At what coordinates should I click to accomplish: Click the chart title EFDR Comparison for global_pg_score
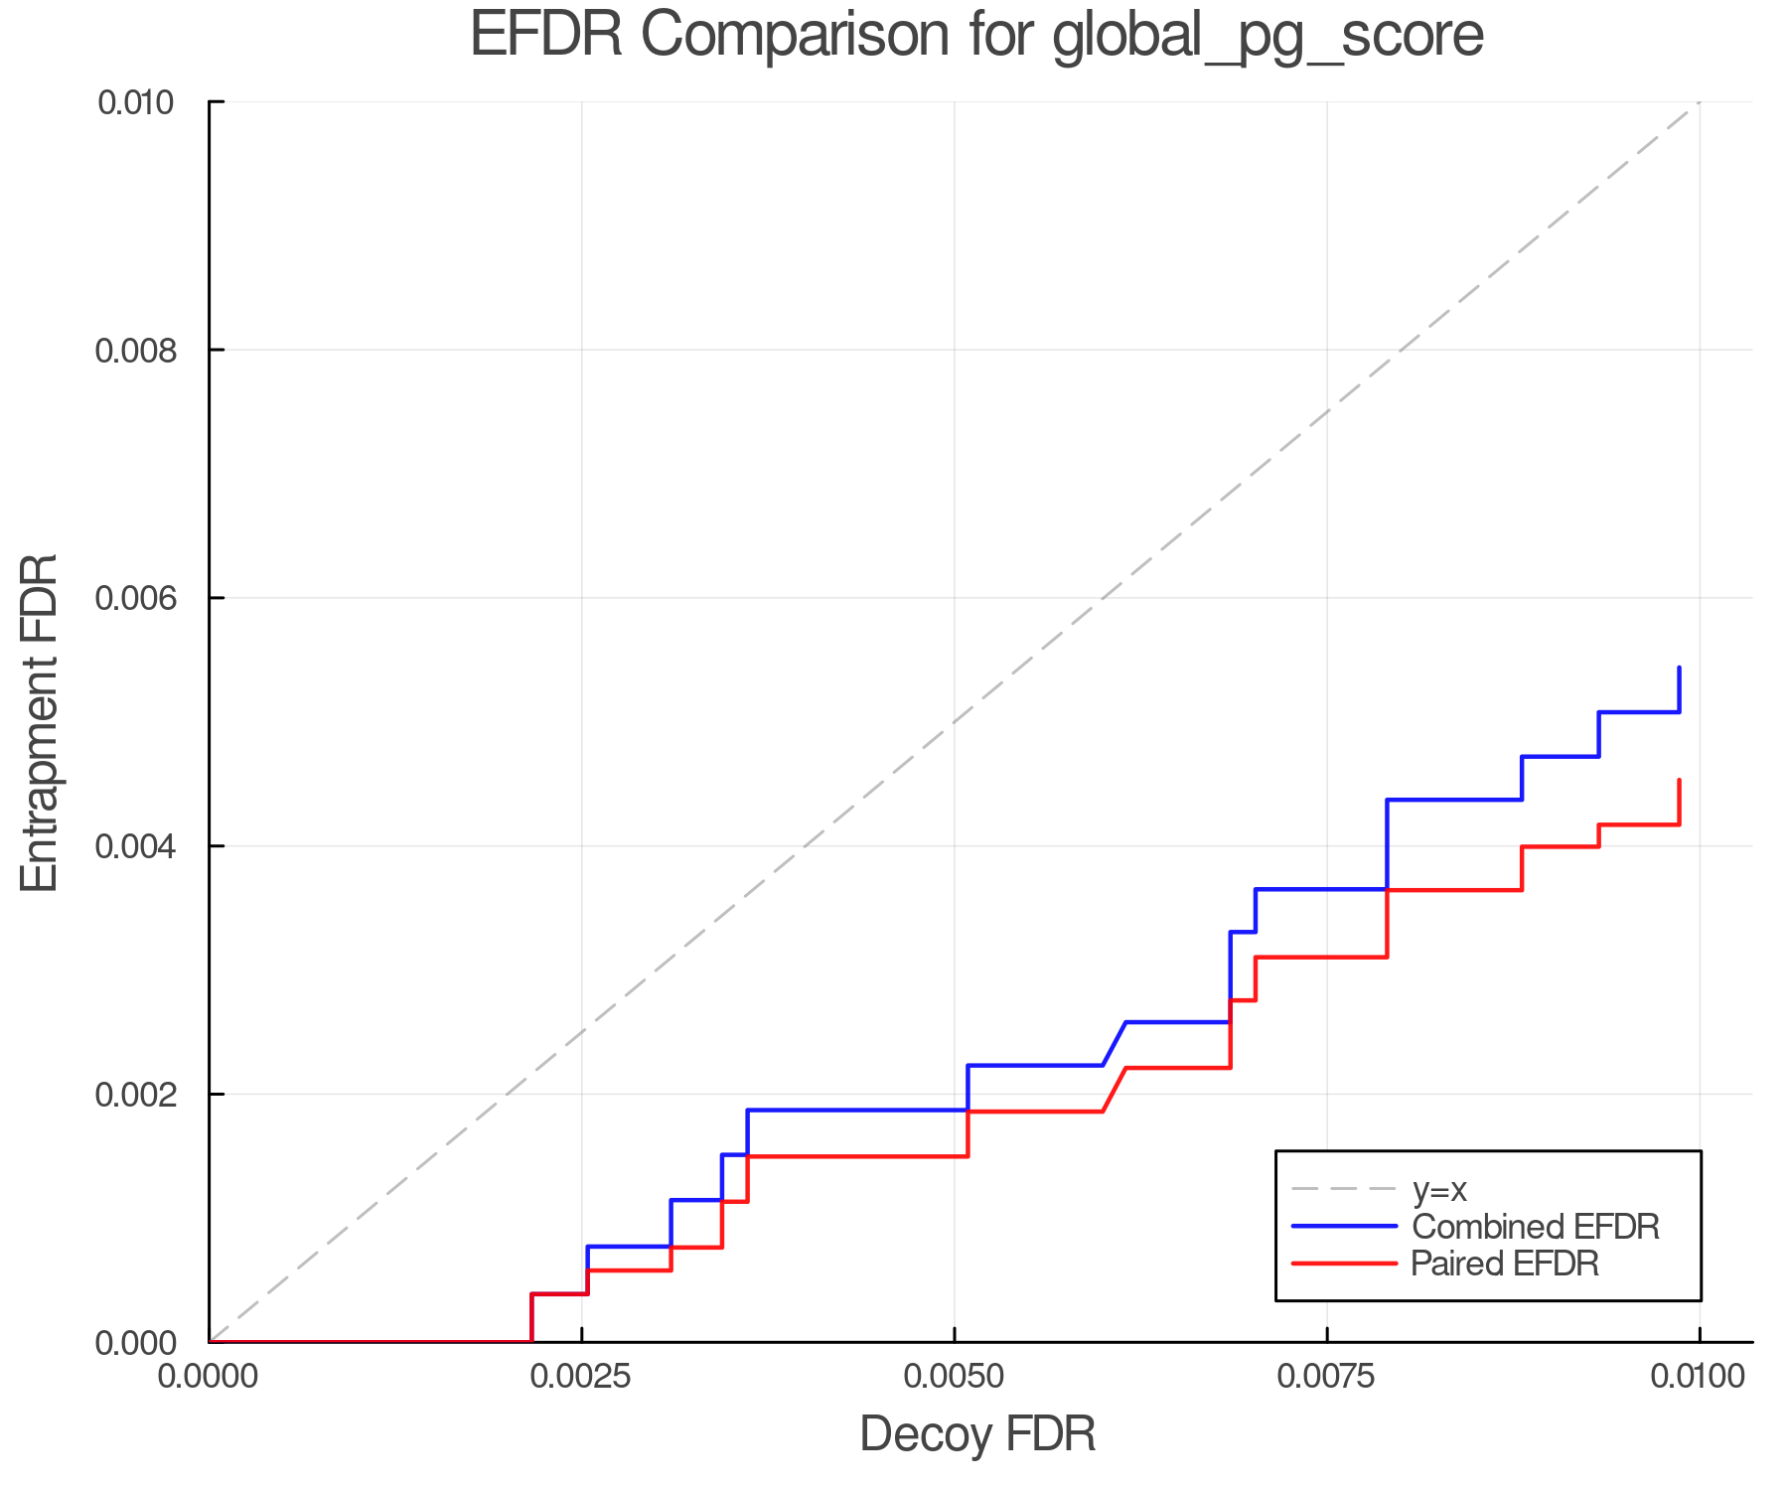point(976,35)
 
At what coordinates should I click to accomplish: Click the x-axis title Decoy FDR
point(977,1434)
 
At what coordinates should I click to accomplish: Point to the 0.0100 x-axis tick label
point(1698,1377)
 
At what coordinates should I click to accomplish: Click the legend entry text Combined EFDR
point(1536,1227)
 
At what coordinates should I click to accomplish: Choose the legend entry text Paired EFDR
point(1505,1264)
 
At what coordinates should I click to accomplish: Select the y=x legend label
point(1439,1189)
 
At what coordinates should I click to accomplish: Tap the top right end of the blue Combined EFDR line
point(1679,668)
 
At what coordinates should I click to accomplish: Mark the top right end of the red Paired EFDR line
point(1679,781)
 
